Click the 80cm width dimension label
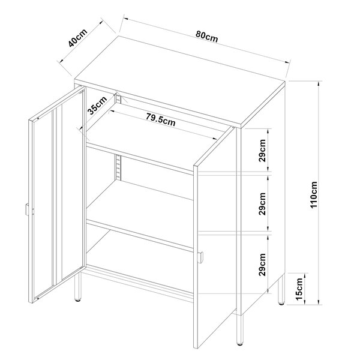coord(206,37)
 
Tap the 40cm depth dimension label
coord(78,38)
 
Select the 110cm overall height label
coord(314,194)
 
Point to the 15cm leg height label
coord(299,289)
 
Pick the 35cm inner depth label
coord(97,105)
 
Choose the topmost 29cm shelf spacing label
coord(262,151)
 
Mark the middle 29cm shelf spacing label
coord(262,204)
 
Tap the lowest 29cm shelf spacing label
coord(262,265)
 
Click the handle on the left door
coord(26,209)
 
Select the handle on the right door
coord(201,257)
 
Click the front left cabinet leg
coord(78,287)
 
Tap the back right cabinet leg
coord(281,289)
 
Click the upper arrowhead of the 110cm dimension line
coord(319,84)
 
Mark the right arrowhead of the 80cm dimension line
coord(287,62)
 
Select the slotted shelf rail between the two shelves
coord(118,167)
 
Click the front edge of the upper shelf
coord(139,159)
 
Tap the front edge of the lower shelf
coord(139,236)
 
